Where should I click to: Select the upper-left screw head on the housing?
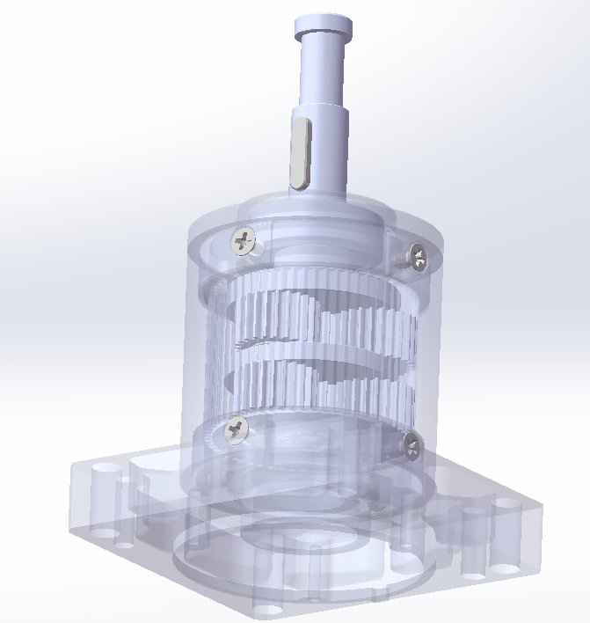(243, 238)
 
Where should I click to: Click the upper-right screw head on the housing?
(419, 258)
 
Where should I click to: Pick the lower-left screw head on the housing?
(237, 429)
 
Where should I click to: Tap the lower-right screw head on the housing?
(412, 444)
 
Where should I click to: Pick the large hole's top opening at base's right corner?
(507, 505)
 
